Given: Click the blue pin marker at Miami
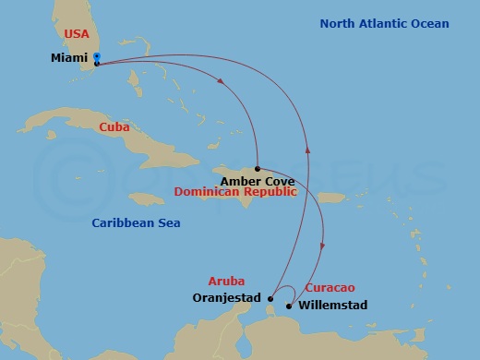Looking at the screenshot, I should (97, 60).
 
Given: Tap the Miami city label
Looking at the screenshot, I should (70, 58).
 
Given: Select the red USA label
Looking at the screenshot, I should (77, 34).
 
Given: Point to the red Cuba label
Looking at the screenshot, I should (114, 126).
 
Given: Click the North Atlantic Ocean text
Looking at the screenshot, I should (384, 24).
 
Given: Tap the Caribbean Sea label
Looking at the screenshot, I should (136, 222).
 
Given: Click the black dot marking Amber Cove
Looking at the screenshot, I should (257, 169).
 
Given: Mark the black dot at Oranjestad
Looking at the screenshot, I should (270, 298).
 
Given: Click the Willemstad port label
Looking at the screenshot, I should (333, 306).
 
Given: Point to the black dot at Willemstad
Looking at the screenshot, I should (290, 306).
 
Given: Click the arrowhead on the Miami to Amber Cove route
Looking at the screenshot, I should (221, 81).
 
